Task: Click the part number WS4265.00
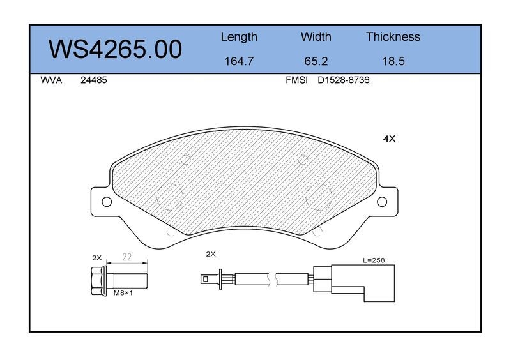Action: (115, 49)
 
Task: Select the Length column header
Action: (239, 37)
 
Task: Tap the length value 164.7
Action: (239, 61)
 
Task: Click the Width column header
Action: (316, 36)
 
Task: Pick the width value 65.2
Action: (316, 61)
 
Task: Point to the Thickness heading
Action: (393, 36)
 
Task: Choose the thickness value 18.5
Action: (393, 61)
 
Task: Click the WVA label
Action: (51, 80)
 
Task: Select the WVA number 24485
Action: (93, 80)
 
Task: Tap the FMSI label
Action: (296, 80)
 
